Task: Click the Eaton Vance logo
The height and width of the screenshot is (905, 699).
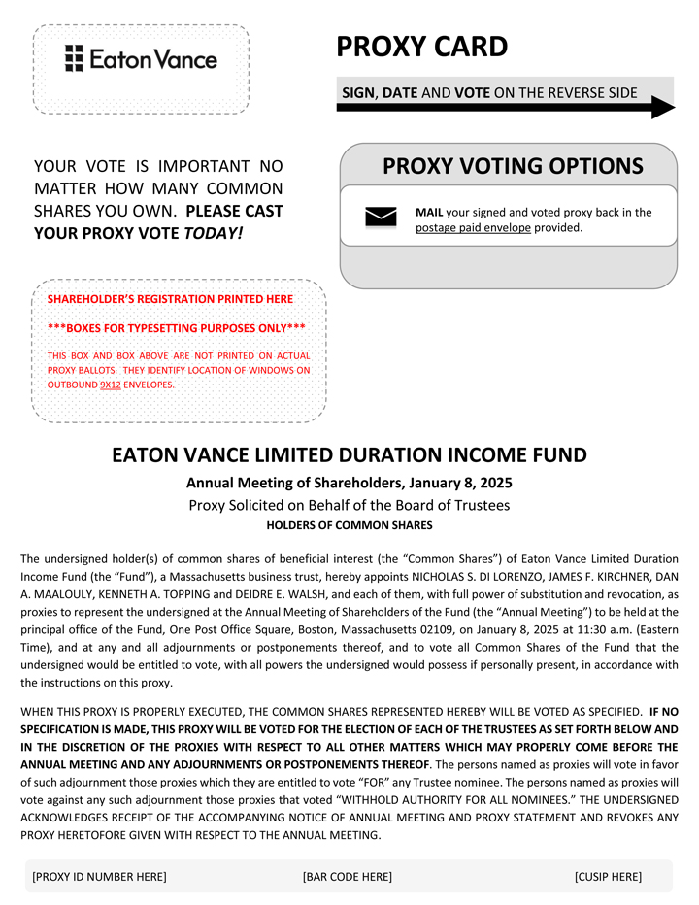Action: click(141, 59)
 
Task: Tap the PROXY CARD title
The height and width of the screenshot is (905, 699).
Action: click(421, 47)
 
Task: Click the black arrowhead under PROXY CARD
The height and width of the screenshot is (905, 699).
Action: click(662, 107)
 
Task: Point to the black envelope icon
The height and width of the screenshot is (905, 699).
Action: click(381, 218)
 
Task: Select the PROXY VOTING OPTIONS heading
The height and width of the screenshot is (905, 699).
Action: click(513, 166)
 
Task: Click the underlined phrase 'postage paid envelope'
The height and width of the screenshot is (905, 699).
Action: click(473, 228)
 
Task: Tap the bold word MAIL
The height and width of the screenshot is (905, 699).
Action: click(428, 212)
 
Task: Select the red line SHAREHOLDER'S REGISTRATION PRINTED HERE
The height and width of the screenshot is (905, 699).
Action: click(170, 299)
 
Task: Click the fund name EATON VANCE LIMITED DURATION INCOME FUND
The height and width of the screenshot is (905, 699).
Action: click(349, 454)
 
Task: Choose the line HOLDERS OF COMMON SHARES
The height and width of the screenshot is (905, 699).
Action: click(349, 525)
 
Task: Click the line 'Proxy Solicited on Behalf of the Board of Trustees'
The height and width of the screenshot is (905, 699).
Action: click(349, 505)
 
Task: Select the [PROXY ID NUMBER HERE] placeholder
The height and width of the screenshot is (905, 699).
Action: click(99, 877)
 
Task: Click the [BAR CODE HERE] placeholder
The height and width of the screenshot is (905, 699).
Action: click(348, 877)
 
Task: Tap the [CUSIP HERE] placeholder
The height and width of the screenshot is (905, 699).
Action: click(608, 877)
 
